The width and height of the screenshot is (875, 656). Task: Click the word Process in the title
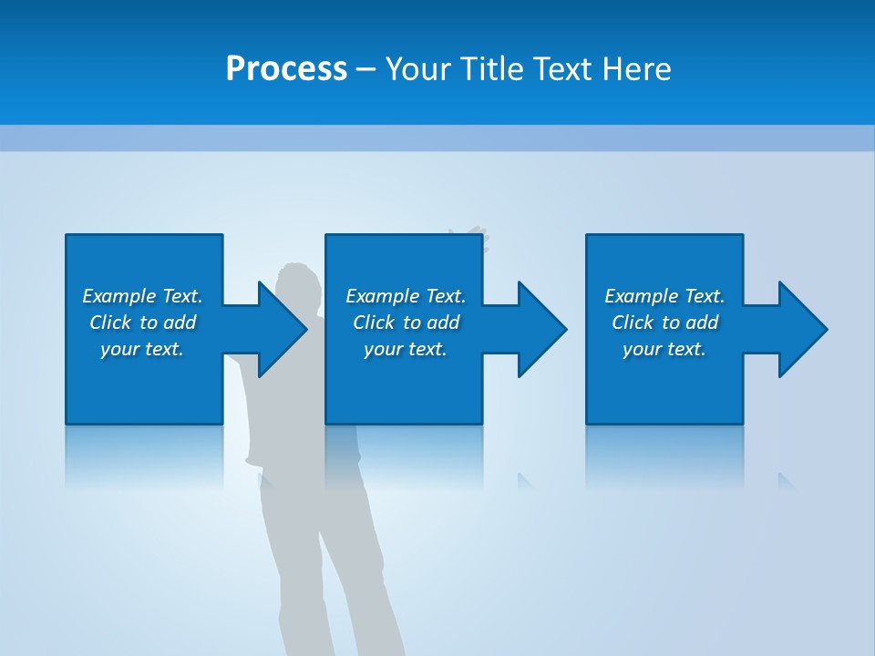[x=286, y=69]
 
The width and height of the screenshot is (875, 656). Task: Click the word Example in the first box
[x=119, y=296]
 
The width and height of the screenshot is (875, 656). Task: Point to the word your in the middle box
[x=382, y=350]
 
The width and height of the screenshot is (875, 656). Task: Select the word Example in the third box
[x=642, y=296]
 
